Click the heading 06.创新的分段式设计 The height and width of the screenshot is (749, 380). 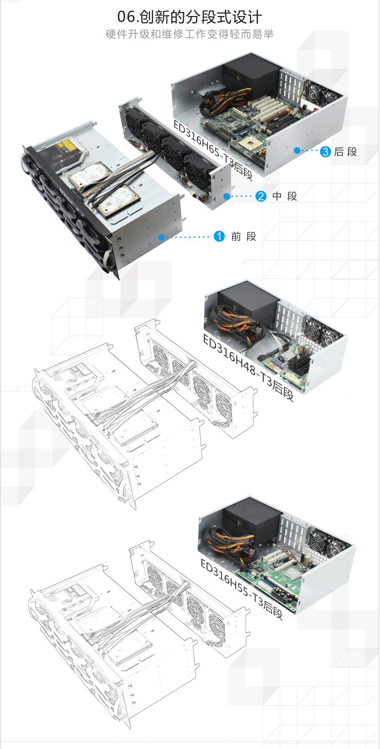[x=190, y=17]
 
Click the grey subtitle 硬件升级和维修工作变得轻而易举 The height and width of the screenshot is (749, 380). [x=190, y=34]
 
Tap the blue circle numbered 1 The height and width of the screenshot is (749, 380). [x=219, y=236]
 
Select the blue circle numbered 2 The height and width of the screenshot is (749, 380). [x=261, y=196]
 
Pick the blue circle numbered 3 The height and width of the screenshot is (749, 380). [x=325, y=151]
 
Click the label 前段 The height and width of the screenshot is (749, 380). [x=244, y=237]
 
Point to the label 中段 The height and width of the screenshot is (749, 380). [x=285, y=196]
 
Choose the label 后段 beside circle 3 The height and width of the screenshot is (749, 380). [x=346, y=152]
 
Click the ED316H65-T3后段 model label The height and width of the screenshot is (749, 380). [x=213, y=150]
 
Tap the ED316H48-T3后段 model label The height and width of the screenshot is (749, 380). [x=248, y=367]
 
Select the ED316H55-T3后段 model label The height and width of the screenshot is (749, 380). [x=242, y=589]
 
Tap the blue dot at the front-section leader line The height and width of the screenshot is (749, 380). [x=161, y=237]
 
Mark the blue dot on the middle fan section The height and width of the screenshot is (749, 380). [x=227, y=196]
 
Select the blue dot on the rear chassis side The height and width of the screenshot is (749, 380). [x=297, y=150]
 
